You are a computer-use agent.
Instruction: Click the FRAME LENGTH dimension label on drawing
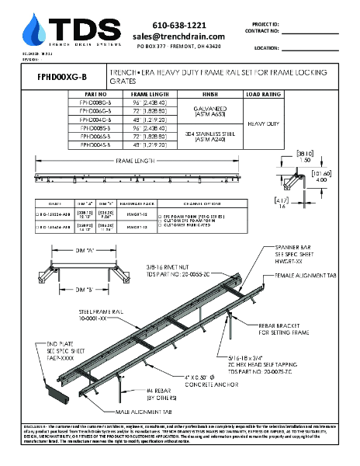pos(135,164)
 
